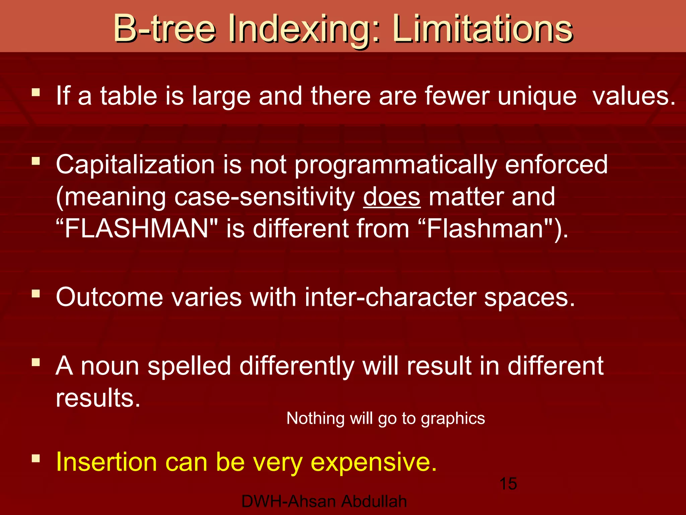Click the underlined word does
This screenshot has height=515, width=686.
392,197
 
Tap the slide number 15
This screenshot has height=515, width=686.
508,484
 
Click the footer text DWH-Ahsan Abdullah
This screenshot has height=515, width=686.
324,502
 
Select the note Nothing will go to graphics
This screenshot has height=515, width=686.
386,418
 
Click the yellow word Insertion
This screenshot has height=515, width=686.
106,462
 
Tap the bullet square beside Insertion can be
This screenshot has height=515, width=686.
36,458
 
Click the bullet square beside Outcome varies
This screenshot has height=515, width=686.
36,294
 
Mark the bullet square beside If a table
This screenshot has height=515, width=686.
36,92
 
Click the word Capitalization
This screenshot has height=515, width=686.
135,165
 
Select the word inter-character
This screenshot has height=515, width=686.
390,297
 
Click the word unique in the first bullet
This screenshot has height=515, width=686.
537,97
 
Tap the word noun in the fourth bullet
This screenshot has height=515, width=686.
110,366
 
